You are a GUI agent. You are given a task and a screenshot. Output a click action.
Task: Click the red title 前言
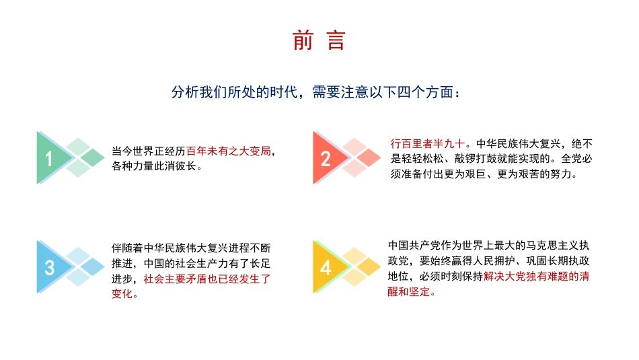pos(319,41)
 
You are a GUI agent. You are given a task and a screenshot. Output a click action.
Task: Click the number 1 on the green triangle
pos(49,159)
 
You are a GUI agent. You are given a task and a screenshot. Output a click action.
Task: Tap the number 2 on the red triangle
pos(326,159)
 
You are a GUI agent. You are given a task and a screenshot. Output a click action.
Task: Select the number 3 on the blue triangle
pos(49,268)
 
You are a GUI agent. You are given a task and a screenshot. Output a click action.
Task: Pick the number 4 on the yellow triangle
pos(326,268)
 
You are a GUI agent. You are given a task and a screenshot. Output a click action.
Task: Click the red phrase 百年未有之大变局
pos(229,151)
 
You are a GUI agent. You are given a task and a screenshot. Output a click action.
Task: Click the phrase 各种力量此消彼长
pos(157,166)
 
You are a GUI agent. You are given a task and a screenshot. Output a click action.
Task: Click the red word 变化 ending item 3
pos(122,294)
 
